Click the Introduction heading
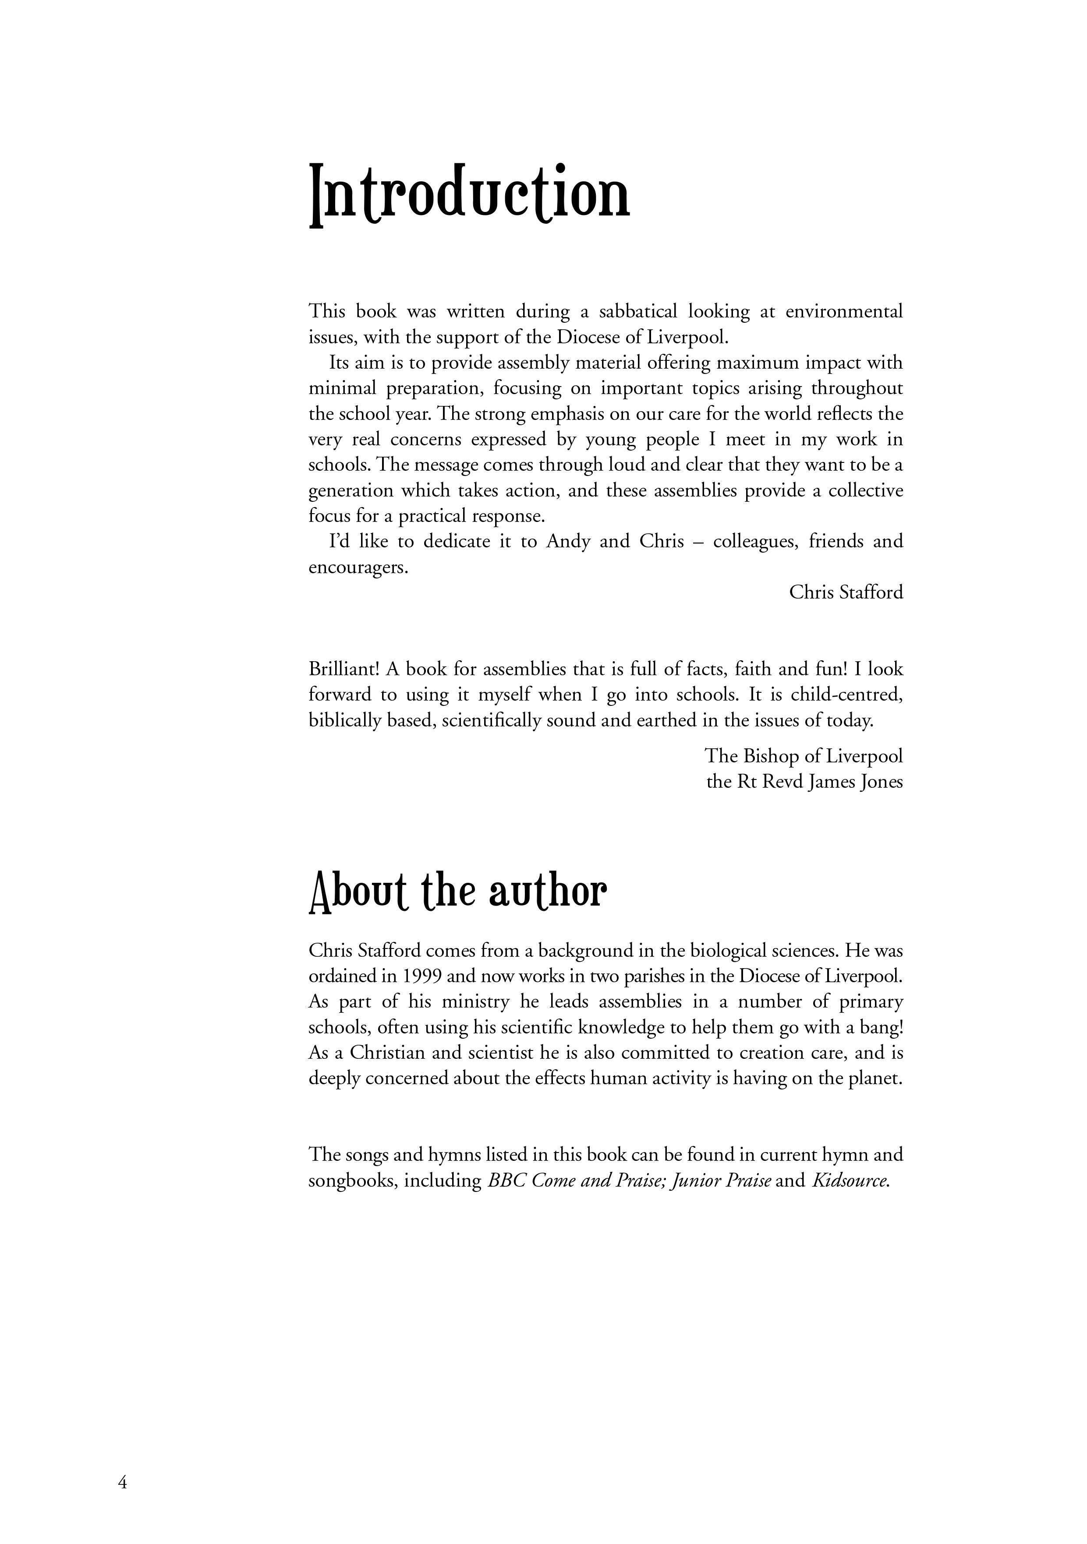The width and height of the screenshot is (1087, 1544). [469, 195]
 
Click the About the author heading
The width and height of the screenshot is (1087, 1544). [457, 892]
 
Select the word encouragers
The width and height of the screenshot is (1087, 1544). [358, 568]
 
